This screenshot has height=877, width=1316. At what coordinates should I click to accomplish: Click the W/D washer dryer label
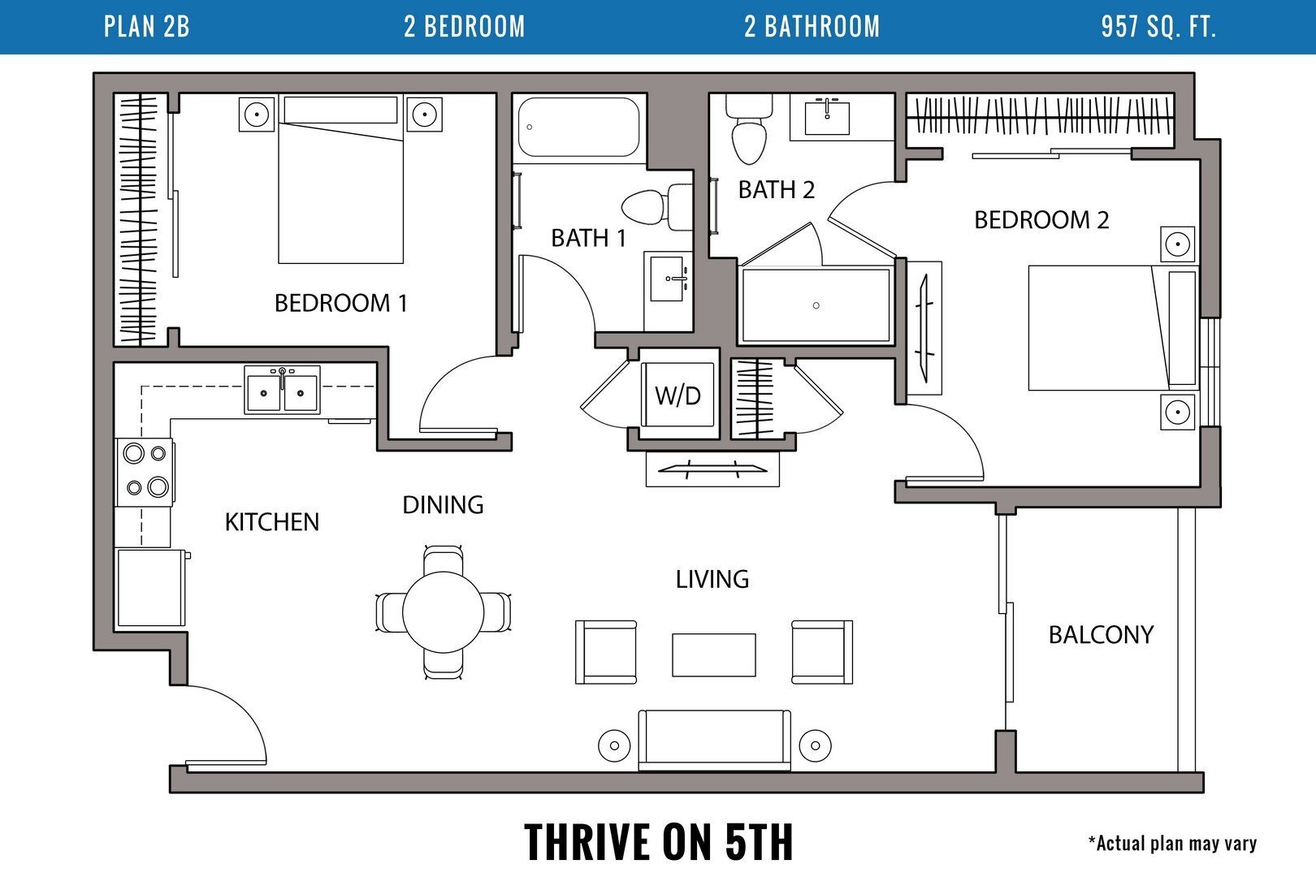[677, 395]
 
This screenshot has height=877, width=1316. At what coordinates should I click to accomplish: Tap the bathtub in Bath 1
[578, 127]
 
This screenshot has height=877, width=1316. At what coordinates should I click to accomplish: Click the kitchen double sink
[282, 390]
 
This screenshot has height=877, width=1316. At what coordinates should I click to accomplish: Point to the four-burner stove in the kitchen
[145, 470]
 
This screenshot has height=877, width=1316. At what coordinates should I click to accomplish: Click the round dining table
[444, 611]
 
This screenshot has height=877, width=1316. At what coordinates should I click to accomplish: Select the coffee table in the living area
[713, 655]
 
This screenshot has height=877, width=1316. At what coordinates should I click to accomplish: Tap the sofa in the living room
[714, 739]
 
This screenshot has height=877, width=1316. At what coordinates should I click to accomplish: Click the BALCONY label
[1101, 634]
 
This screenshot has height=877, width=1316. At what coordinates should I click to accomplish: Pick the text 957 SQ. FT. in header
[1158, 27]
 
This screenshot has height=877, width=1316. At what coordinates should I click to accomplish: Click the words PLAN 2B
[147, 27]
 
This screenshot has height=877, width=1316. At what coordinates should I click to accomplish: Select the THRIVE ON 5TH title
[658, 841]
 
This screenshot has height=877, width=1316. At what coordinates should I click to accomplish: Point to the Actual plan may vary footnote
[1172, 844]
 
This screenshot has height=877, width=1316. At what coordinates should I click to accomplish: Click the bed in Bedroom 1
[341, 191]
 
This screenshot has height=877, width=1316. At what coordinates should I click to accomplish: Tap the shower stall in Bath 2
[816, 305]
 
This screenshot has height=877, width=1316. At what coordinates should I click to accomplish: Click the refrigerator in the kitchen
[150, 588]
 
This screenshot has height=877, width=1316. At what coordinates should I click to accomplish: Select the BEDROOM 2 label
[1041, 220]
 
